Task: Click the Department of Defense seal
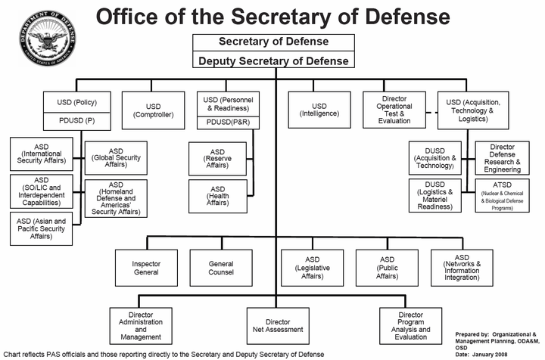(47, 38)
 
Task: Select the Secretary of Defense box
(273, 42)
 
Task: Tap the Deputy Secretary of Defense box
(273, 60)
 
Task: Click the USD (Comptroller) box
(153, 110)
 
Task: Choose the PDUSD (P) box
(76, 121)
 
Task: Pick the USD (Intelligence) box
(319, 110)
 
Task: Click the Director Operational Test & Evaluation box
(394, 110)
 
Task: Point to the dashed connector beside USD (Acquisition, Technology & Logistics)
(431, 113)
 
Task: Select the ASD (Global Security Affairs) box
(116, 158)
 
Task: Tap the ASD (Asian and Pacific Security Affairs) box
(42, 228)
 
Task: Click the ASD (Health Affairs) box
(218, 196)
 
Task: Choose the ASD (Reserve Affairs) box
(217, 159)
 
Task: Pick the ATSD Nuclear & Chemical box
(503, 195)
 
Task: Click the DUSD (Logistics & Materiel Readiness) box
(435, 195)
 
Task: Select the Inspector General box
(146, 268)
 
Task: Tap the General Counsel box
(221, 268)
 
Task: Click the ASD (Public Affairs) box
(388, 268)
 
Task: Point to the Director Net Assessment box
(278, 326)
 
